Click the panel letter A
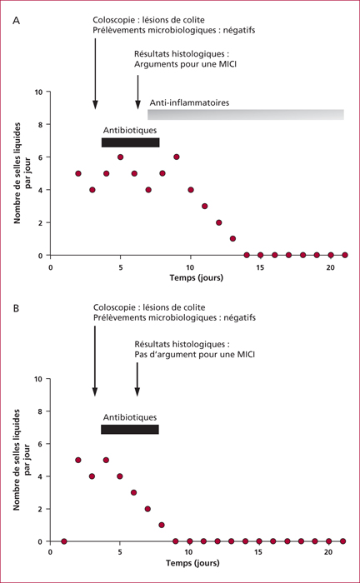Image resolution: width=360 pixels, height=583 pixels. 16,21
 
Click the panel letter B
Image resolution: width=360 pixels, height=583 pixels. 16,308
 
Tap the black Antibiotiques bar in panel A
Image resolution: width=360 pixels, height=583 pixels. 131,142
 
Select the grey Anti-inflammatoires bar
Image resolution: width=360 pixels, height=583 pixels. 246,115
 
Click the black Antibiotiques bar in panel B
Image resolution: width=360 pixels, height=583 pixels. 130,430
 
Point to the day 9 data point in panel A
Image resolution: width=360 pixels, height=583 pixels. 177,157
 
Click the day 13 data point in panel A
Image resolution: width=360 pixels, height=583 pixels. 232,239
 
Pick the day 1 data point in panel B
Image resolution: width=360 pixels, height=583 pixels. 64,541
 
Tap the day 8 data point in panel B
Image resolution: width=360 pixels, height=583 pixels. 162,525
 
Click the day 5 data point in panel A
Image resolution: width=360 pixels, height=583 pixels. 121,157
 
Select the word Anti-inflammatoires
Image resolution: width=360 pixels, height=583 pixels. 189,102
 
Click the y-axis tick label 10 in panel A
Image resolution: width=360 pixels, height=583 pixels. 38,92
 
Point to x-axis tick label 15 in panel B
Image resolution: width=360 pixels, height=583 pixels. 258,551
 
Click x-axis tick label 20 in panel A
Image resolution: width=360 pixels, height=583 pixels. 330,267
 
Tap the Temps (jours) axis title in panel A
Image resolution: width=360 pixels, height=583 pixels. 197,277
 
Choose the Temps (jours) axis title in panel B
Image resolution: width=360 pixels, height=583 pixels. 192,563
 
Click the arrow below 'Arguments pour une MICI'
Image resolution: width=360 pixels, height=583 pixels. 138,92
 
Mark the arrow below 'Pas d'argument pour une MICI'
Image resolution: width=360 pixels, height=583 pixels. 137,379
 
